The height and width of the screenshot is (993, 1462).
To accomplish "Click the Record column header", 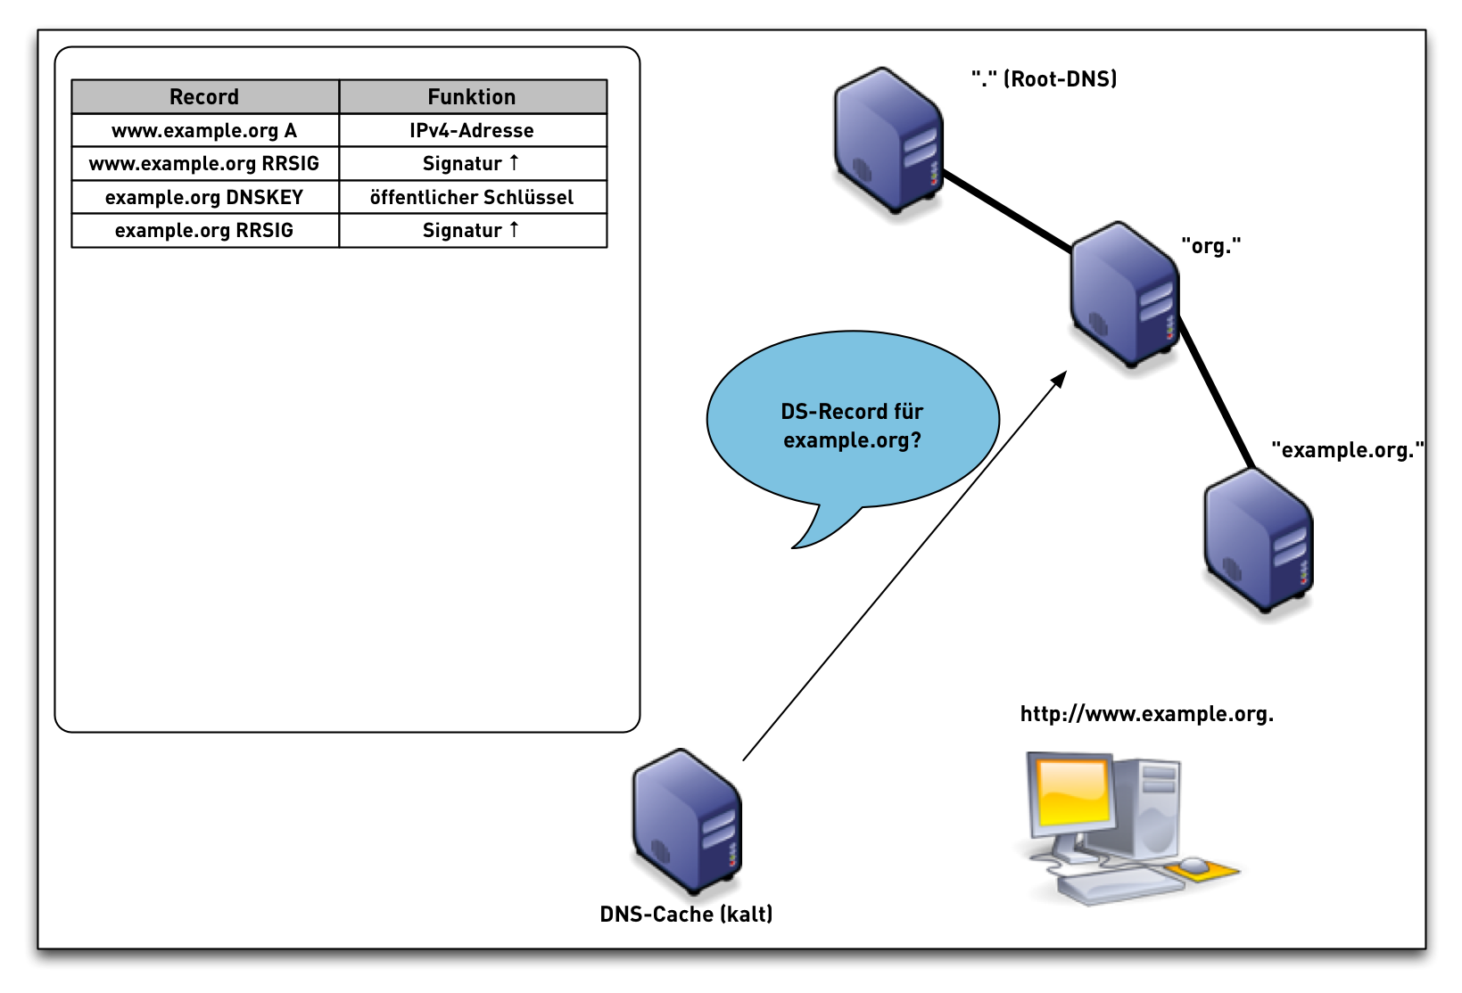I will [x=204, y=96].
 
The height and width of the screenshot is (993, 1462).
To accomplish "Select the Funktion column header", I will [x=472, y=96].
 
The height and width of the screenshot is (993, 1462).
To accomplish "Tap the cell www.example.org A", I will [x=204, y=130].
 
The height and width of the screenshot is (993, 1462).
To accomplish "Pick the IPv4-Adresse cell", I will [x=472, y=130].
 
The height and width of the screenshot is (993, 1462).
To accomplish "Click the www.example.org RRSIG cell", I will [x=204, y=163].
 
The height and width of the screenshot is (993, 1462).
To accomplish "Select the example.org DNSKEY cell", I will [x=204, y=197].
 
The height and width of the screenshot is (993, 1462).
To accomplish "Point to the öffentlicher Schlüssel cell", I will [x=472, y=197].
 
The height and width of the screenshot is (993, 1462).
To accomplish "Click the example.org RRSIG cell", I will [x=204, y=230].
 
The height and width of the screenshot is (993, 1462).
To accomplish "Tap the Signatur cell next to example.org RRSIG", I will [x=472, y=230].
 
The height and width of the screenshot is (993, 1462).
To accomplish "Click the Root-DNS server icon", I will [x=888, y=140].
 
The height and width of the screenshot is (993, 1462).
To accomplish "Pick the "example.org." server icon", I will [x=1259, y=541].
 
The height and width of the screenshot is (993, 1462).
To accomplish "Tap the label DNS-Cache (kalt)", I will [x=686, y=914].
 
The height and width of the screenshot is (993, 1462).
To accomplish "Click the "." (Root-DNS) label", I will [x=1044, y=78].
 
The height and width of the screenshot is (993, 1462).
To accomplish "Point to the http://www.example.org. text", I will [x=1146, y=714].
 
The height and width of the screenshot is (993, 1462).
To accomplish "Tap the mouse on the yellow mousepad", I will [x=1194, y=866].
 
